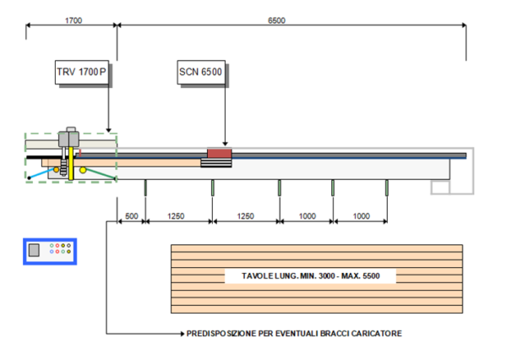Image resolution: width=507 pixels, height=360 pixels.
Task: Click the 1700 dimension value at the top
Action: point(74,20)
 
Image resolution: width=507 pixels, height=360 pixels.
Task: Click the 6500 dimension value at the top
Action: point(276,20)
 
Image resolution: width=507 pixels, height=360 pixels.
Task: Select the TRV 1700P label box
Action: point(82,72)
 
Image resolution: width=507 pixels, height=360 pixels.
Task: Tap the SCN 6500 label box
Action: point(201,72)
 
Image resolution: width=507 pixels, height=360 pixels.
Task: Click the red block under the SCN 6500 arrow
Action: point(220,153)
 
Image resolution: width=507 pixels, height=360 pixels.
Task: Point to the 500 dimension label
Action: point(132,216)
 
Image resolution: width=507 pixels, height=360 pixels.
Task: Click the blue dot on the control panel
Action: point(52,251)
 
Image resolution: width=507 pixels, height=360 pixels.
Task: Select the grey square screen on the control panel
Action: point(34,250)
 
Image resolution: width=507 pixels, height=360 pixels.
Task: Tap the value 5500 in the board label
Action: point(371,275)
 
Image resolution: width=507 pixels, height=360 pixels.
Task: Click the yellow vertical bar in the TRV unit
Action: point(71,164)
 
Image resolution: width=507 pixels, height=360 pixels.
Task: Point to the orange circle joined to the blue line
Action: point(57,170)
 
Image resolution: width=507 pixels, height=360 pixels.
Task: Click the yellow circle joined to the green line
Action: point(83,170)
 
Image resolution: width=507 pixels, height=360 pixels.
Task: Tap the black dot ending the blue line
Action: point(29,178)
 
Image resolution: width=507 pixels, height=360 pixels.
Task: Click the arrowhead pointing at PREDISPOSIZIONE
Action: point(183,334)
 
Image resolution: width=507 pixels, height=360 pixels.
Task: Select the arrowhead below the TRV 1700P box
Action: point(109,130)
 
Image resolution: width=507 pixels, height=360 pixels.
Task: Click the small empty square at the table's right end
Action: point(440,188)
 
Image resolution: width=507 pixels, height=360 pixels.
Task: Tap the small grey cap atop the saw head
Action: point(71,129)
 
